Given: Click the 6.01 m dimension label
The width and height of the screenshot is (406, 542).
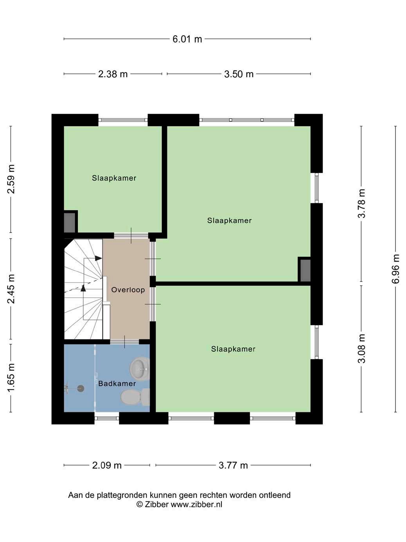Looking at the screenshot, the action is click(187, 39).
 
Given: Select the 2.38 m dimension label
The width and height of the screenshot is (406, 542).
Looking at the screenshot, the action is click(113, 74).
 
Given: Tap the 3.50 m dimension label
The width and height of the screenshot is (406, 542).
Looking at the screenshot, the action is click(239, 74).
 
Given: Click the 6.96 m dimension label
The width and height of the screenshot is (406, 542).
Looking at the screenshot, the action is click(396, 269).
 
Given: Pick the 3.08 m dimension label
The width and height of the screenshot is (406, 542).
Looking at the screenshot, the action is click(361, 348).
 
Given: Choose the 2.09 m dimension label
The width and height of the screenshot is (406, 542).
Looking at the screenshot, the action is click(107, 465).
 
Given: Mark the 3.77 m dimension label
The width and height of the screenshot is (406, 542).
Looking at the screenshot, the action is click(233, 465).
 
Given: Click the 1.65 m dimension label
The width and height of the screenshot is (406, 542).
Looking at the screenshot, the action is click(11, 378).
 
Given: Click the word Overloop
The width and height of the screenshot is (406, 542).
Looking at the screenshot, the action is click(128, 290).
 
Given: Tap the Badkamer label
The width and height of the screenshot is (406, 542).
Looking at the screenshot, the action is click(117, 383).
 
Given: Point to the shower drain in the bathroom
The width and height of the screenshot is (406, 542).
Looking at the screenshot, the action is click(81, 388).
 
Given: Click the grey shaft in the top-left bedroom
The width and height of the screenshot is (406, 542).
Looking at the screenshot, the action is click(70, 223).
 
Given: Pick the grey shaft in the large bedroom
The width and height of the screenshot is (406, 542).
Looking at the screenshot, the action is click(305, 270).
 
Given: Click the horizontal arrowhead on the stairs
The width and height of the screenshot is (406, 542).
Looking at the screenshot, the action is click(99, 258).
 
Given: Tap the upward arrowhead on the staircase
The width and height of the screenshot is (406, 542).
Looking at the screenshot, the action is click(83, 288).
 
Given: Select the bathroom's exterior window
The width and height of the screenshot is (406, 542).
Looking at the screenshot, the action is click(107, 418).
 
